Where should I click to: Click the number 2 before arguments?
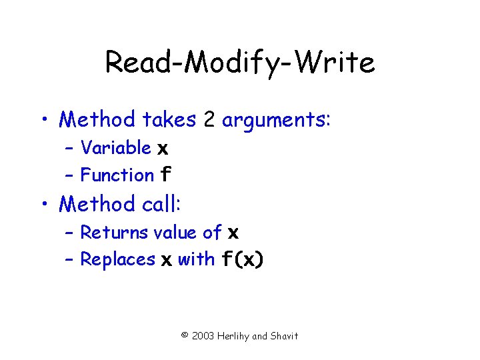click(209, 120)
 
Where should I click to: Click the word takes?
click(169, 120)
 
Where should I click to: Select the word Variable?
click(115, 147)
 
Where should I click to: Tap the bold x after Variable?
click(162, 149)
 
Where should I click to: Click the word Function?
click(117, 175)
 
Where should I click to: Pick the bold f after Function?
click(166, 175)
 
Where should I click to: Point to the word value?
click(175, 233)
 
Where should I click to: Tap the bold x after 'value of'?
click(233, 233)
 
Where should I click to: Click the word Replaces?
click(118, 259)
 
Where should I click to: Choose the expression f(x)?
click(242, 260)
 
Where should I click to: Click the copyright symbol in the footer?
click(185, 336)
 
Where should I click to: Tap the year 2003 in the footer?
click(203, 336)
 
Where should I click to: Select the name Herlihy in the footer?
click(234, 336)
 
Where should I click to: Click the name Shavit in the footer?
click(285, 336)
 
